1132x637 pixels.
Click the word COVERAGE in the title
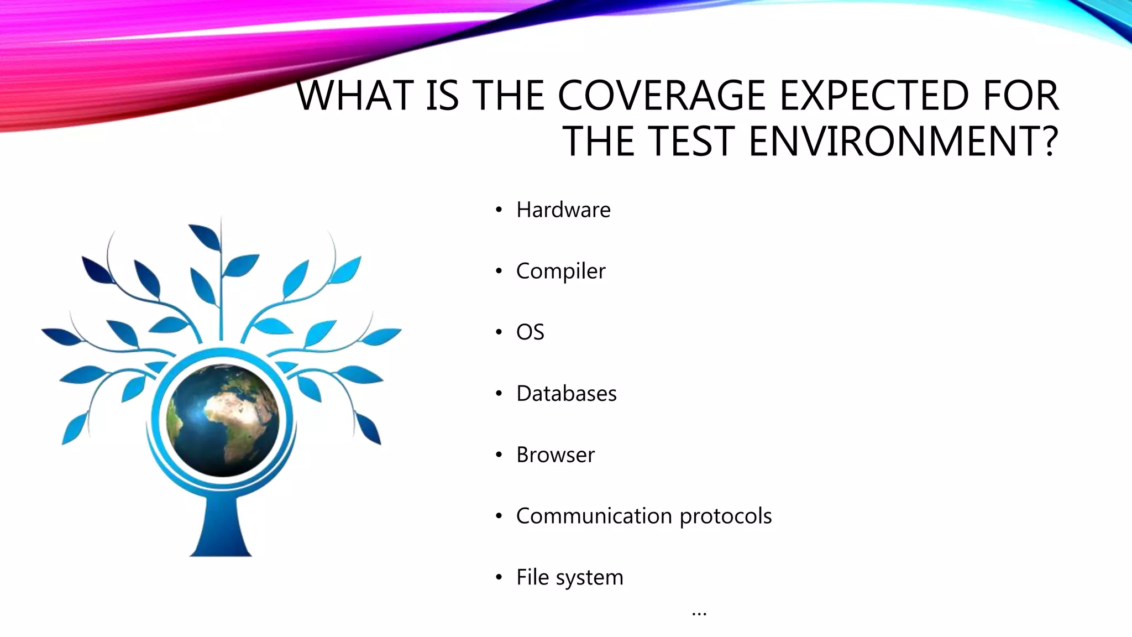pyautogui.click(x=661, y=96)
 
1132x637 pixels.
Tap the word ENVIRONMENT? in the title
pyautogui.click(x=903, y=142)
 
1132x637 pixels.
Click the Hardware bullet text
pyautogui.click(x=563, y=210)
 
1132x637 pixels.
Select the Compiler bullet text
pyautogui.click(x=560, y=271)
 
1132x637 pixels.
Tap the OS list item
pyautogui.click(x=530, y=332)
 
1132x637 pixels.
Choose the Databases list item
pyautogui.click(x=566, y=394)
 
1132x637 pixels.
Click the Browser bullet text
pyautogui.click(x=555, y=455)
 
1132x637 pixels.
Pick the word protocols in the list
pyautogui.click(x=725, y=516)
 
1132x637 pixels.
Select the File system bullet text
pyautogui.click(x=569, y=577)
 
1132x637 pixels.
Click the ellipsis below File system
pyautogui.click(x=699, y=613)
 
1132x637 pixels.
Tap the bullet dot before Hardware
pyautogui.click(x=499, y=210)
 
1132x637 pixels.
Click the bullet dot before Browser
pyautogui.click(x=499, y=455)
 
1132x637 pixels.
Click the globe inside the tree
pyautogui.click(x=223, y=420)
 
